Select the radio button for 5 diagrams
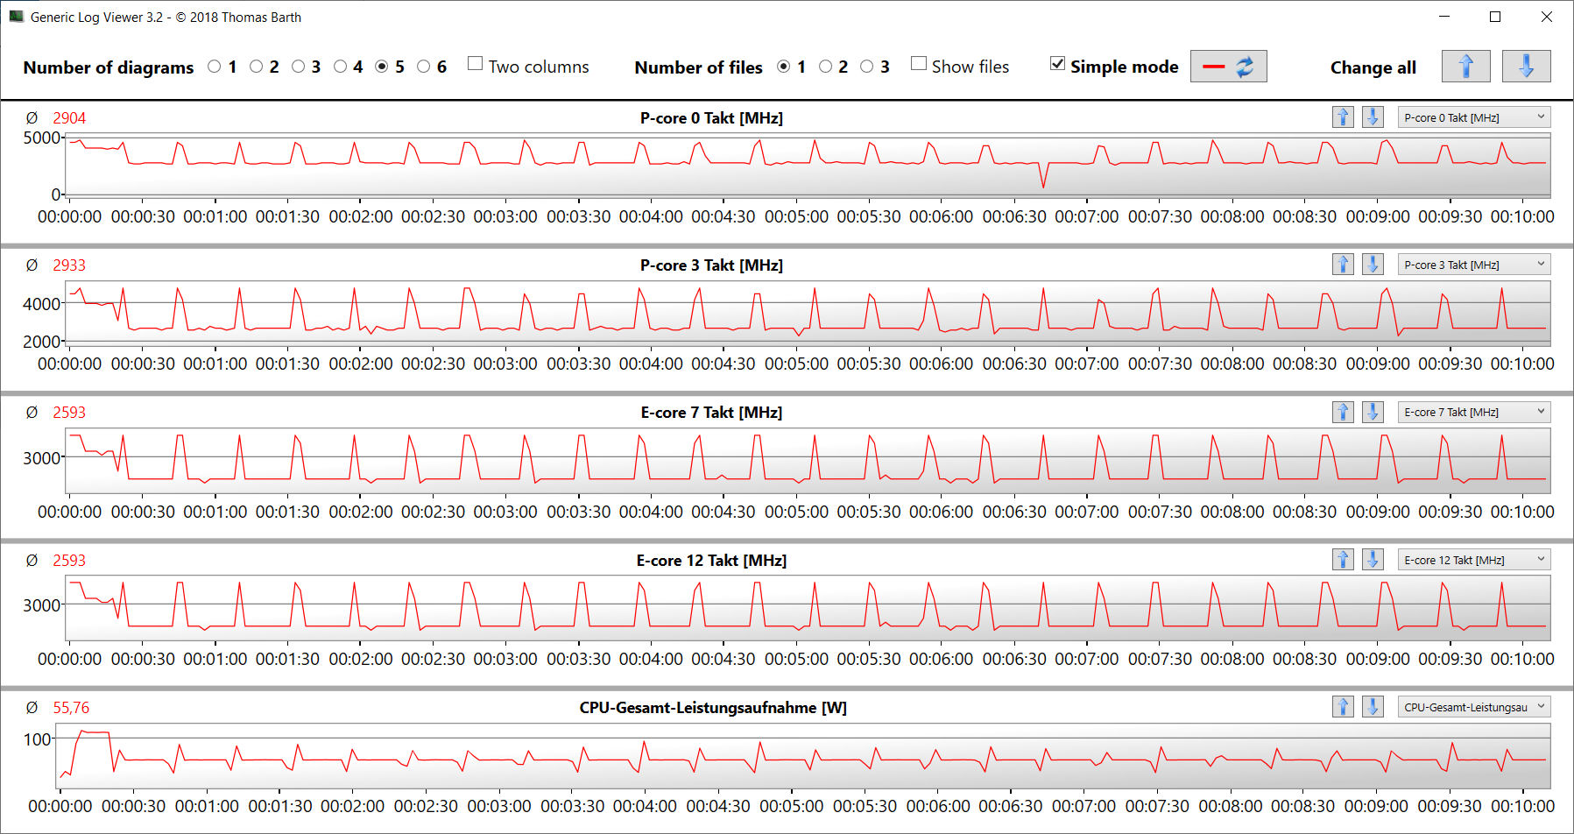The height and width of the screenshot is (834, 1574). point(382,67)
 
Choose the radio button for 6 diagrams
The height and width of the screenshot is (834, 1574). point(424,67)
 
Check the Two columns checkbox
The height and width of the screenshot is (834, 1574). point(476,64)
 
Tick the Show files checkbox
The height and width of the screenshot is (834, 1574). point(919,64)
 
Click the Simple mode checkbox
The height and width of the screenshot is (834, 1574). point(1058,64)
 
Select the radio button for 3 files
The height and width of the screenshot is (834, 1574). point(867,67)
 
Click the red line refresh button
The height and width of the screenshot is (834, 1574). point(1228,67)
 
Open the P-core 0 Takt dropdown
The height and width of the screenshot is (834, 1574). point(1473,117)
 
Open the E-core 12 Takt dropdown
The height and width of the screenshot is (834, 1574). point(1473,560)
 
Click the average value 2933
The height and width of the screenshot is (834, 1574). point(69,265)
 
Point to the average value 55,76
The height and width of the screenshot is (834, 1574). point(71,708)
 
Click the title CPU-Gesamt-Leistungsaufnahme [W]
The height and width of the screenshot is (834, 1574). point(712,708)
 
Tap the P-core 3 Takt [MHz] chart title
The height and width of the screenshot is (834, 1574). point(711,265)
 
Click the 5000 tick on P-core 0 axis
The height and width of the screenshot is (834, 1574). point(41,138)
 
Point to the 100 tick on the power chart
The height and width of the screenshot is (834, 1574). point(38,739)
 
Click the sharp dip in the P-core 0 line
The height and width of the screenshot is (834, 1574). point(1043,185)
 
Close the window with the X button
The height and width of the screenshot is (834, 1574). point(1547,17)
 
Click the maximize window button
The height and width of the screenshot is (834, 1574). point(1495,17)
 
